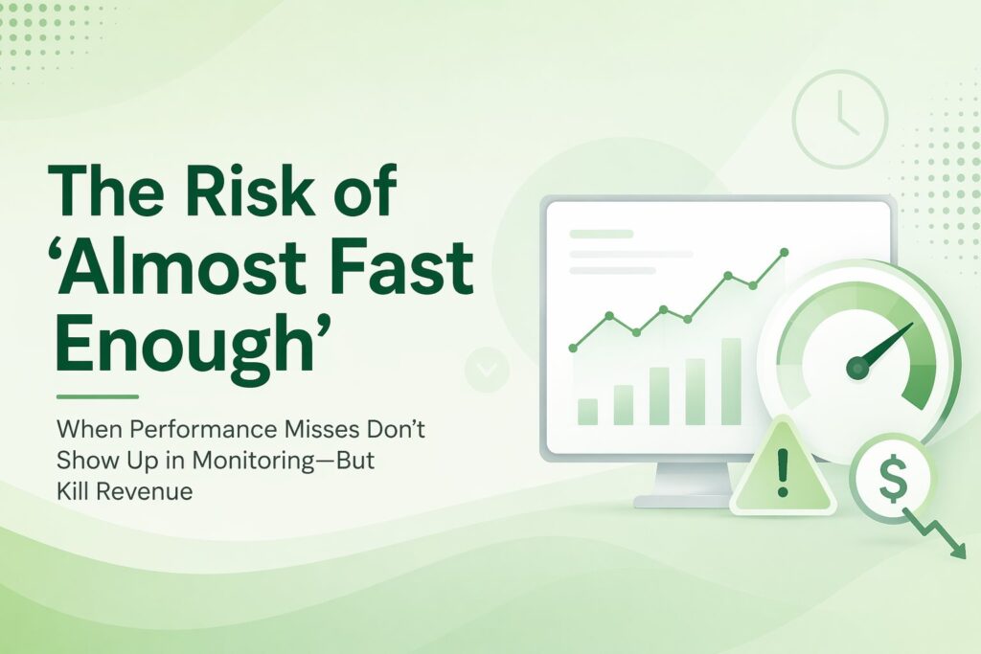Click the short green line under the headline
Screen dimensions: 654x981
pos(97,395)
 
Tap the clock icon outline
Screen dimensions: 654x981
pos(839,119)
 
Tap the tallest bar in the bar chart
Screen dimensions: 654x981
pos(731,380)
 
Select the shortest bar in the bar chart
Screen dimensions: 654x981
pos(587,411)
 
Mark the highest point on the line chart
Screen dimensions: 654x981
pos(784,252)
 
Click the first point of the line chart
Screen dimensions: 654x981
pos(573,348)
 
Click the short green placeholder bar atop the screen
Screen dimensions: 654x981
pos(602,234)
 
